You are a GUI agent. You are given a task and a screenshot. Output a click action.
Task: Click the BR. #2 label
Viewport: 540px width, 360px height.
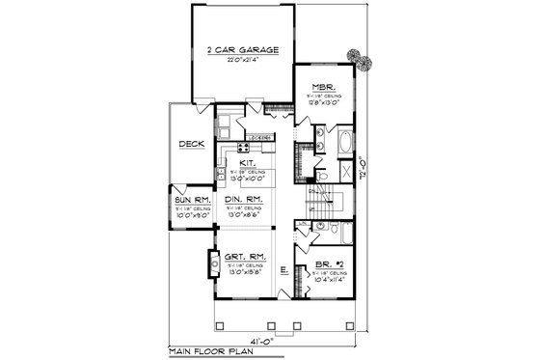pyautogui.click(x=329, y=263)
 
